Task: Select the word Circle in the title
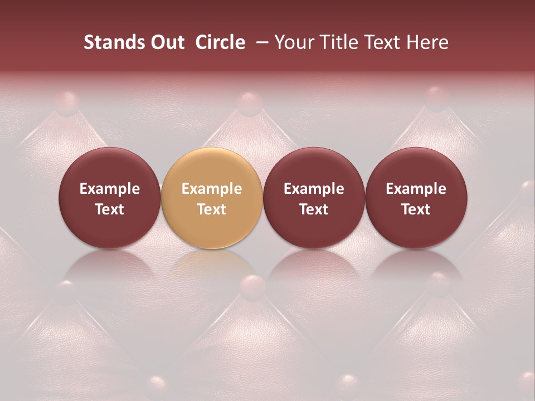[x=220, y=42]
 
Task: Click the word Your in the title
[x=293, y=42]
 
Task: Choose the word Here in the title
[x=427, y=42]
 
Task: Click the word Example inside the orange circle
[x=212, y=189]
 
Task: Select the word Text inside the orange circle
[x=212, y=209]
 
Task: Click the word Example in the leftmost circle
[x=110, y=189]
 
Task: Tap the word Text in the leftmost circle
[x=110, y=209]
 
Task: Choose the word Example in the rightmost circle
[x=416, y=189]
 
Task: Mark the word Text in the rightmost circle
[x=416, y=209]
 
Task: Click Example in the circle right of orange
[x=314, y=189]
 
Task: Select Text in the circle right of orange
[x=314, y=209]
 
